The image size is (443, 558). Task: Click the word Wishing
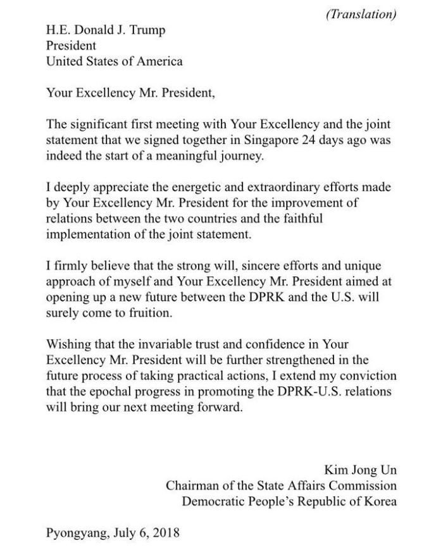[x=67, y=345]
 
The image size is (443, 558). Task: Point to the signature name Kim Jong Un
[x=361, y=471]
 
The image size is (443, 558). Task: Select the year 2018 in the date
[x=164, y=533]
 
